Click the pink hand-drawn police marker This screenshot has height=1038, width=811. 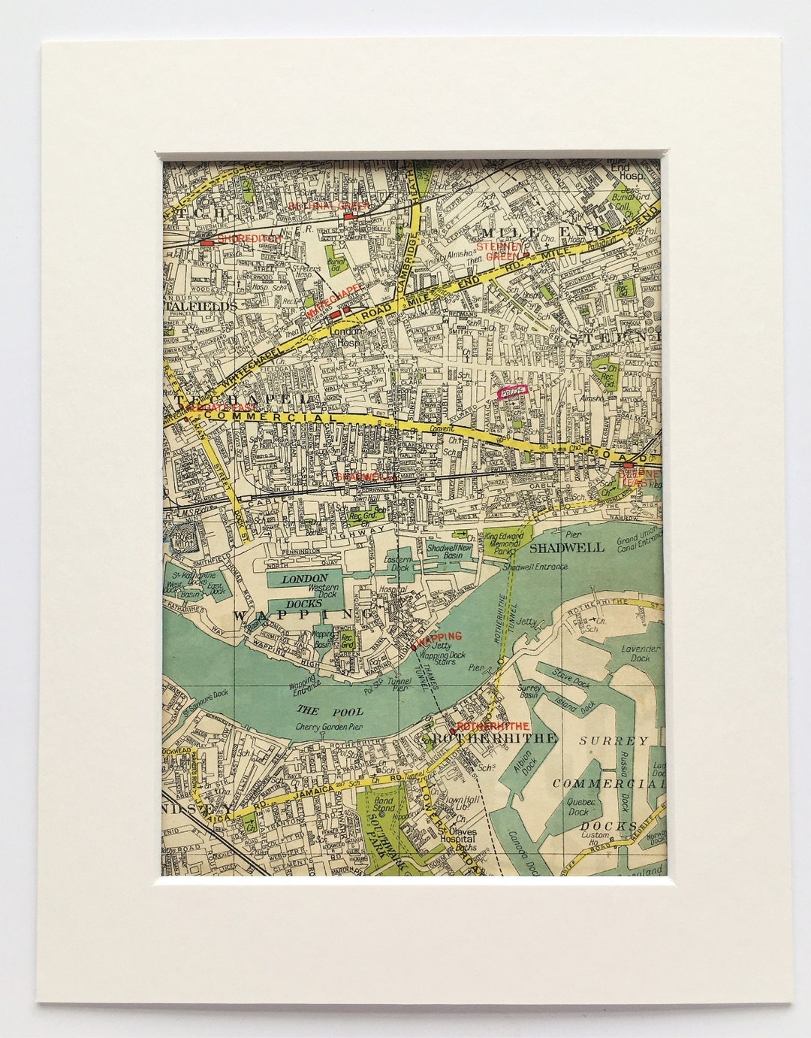514,391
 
